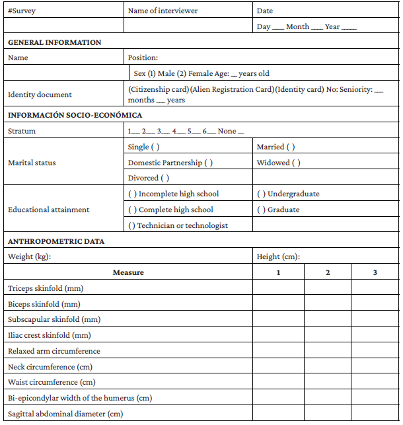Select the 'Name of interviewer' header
click(x=163, y=11)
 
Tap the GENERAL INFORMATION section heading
click(x=54, y=42)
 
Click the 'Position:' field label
click(x=143, y=58)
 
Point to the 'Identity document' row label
click(x=40, y=95)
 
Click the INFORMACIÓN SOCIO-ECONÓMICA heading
click(x=75, y=115)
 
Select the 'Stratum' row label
click(x=22, y=131)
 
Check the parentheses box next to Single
click(x=156, y=147)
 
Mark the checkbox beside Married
click(x=291, y=147)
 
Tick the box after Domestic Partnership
click(x=209, y=163)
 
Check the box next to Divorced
click(x=165, y=178)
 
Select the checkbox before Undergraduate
click(x=261, y=194)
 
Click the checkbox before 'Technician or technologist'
click(x=132, y=225)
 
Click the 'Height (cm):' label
click(x=278, y=256)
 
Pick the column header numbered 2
click(x=328, y=272)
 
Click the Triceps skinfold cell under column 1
click(x=278, y=288)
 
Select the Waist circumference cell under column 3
click(x=375, y=383)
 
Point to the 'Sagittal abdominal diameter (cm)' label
click(x=65, y=414)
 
